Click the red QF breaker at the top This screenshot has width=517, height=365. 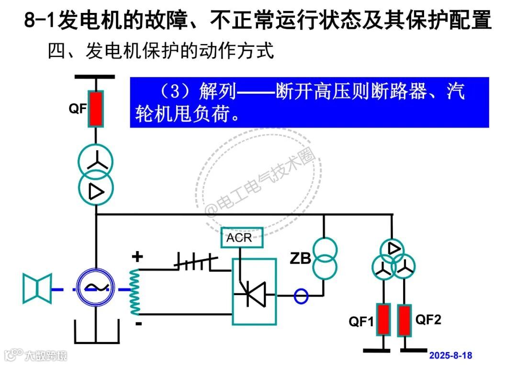tap(96, 109)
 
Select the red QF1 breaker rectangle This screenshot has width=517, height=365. tap(383, 320)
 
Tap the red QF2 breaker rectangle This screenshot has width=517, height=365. tap(405, 320)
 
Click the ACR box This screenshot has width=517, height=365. tap(242, 238)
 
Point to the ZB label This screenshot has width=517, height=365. tap(300, 259)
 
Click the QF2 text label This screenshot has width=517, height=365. tap(428, 319)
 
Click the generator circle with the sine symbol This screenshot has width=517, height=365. tap(96, 287)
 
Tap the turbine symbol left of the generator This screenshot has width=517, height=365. tap(37, 288)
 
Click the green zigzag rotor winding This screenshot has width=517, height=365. tap(135, 291)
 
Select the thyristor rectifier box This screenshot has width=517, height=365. tap(254, 291)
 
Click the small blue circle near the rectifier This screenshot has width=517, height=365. tap(301, 296)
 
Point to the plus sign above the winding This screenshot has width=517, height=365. tap(137, 257)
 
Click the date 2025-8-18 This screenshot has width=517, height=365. tap(450, 355)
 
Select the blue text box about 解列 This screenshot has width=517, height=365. tap(309, 102)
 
